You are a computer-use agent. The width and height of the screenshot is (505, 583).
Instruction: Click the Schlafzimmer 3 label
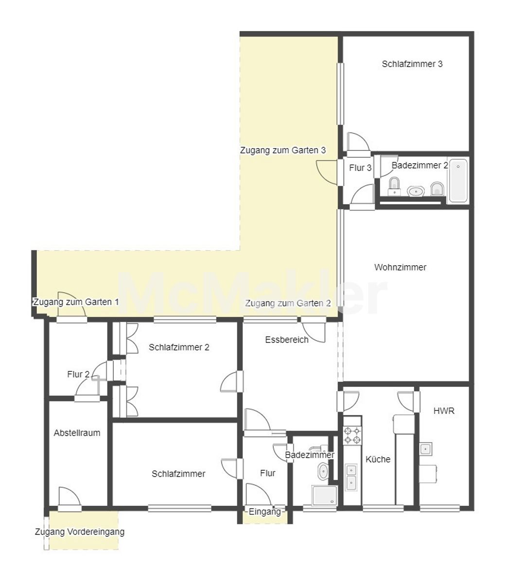click(412, 64)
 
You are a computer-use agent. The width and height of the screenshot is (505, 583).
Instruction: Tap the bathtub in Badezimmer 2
click(458, 180)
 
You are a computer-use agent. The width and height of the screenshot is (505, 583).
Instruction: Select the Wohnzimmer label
click(400, 267)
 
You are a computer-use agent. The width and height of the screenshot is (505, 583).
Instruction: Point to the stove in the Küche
click(352, 435)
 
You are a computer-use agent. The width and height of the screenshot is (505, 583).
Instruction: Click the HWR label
click(444, 411)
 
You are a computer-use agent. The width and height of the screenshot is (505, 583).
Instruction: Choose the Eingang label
click(265, 512)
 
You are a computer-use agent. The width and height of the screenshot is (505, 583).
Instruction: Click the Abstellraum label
click(77, 433)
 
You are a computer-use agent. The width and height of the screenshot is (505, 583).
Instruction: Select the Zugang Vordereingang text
click(80, 532)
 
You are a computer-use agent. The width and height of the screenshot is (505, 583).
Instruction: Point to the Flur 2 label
click(78, 375)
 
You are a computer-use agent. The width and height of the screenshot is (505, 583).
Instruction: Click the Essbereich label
click(287, 340)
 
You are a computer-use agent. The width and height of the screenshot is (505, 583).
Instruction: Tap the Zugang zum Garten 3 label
click(283, 150)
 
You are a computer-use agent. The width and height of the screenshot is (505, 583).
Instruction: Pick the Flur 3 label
click(360, 168)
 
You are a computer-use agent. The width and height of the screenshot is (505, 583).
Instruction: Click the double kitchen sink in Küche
click(351, 477)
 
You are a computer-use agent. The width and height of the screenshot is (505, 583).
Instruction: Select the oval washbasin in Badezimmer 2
click(415, 191)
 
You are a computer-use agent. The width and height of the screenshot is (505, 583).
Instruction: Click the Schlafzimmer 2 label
click(179, 347)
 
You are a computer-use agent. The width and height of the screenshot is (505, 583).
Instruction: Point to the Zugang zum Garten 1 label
click(76, 302)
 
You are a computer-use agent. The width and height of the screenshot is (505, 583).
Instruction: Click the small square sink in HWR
click(426, 448)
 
